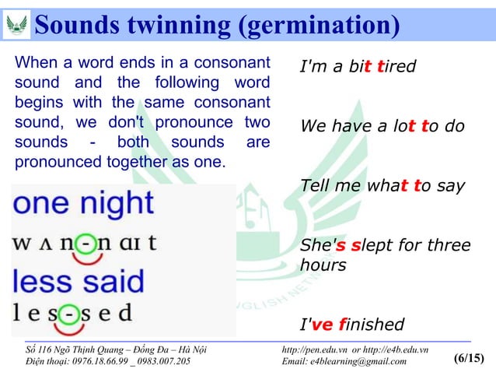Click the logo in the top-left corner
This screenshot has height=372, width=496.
pos(16,24)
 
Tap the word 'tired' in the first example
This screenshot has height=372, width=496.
pos(396,67)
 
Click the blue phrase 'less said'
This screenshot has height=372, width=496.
pos(78,280)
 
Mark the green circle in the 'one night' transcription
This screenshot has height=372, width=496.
pos(71,242)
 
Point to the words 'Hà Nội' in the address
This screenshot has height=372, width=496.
pos(187,349)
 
